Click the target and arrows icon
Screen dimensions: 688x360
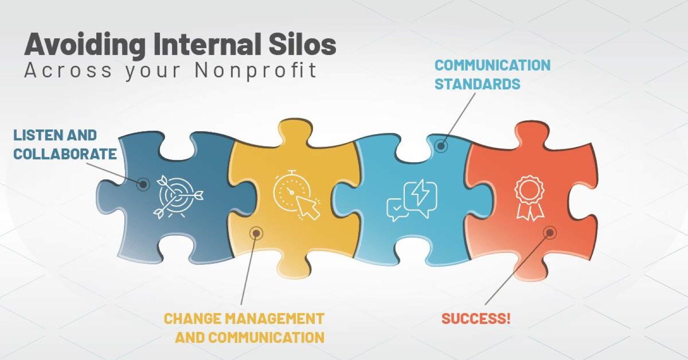(x=178, y=197)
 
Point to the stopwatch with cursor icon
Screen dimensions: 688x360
(x=296, y=195)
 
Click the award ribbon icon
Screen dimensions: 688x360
(x=530, y=199)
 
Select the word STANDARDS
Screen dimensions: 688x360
(x=478, y=84)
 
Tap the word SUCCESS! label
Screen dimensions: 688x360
(x=476, y=319)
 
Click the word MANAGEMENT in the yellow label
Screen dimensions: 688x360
(x=275, y=319)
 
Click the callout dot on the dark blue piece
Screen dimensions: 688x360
(x=143, y=184)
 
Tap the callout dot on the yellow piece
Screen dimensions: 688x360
(x=256, y=234)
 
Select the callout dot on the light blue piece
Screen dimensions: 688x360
(x=441, y=146)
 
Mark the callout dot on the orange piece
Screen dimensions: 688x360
(x=550, y=233)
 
